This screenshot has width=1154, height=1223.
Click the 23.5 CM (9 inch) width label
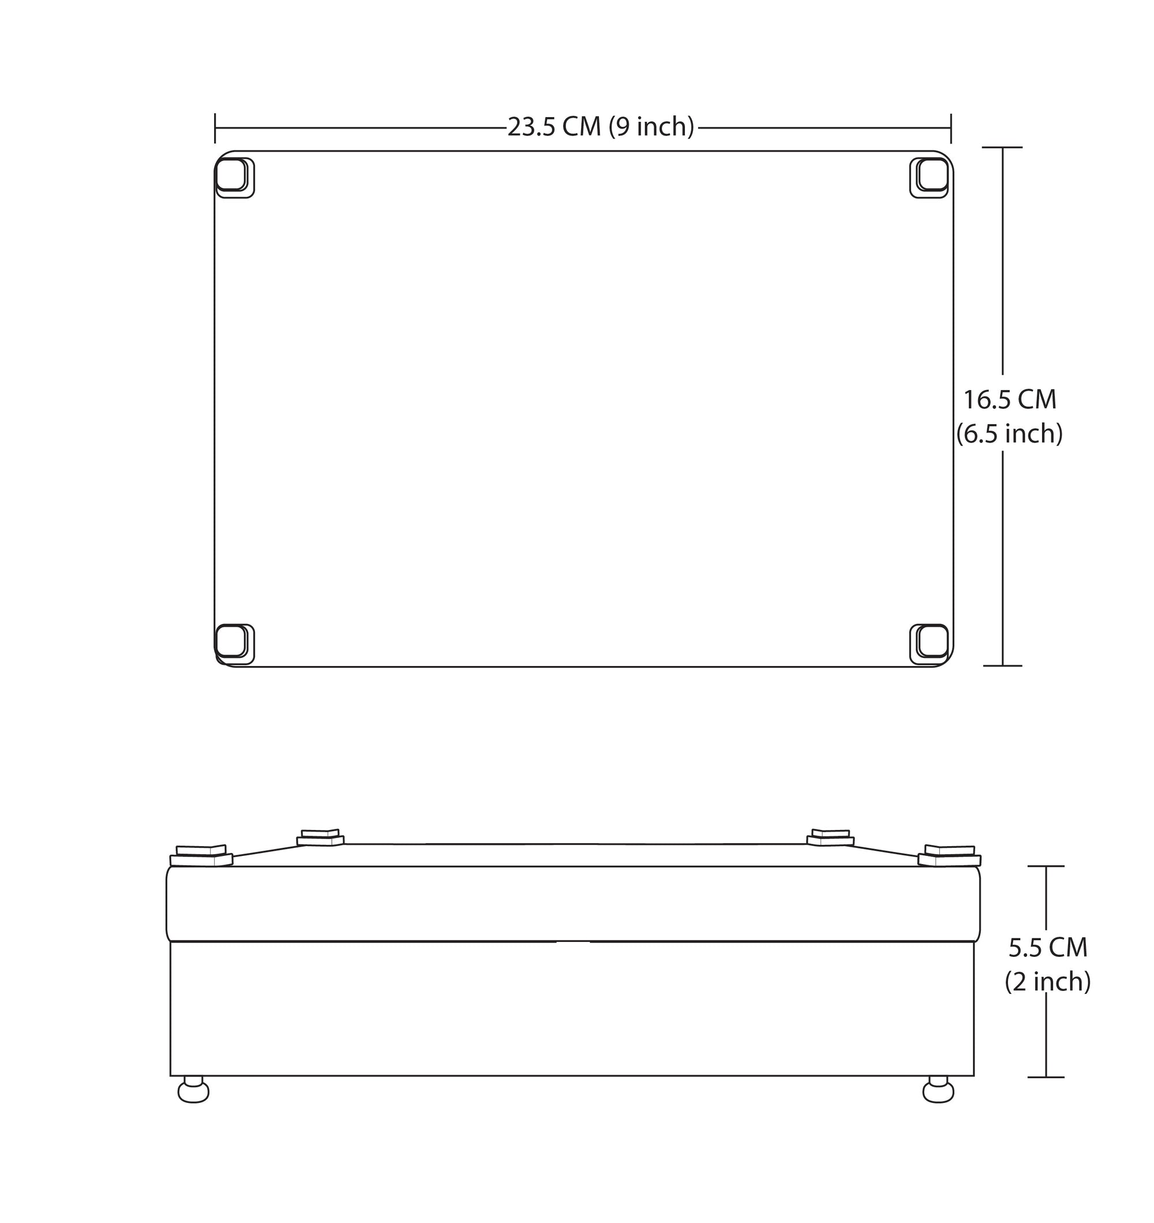coord(601,127)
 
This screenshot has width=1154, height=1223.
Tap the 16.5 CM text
coord(1009,400)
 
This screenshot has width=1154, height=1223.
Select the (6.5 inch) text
coord(1009,435)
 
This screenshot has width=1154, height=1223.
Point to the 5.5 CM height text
coord(1048,948)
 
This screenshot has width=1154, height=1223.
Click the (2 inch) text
coord(1048,982)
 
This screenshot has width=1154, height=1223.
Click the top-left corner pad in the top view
coord(234,178)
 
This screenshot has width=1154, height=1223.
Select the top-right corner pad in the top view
coord(930,178)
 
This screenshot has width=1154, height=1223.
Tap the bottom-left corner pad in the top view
coord(234,644)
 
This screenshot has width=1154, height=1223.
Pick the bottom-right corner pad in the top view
coord(930,644)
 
